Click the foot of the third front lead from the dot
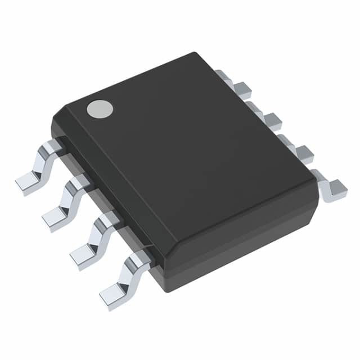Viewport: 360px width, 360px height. coord(83,251)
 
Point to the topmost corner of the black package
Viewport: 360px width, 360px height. coord(195,54)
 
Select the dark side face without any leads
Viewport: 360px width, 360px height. coord(242,247)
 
